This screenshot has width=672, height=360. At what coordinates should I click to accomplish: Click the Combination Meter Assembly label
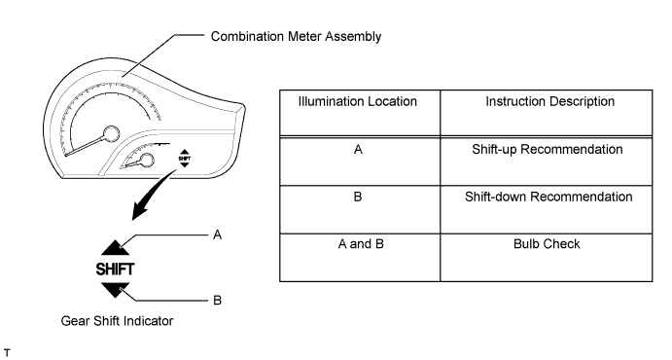(x=296, y=37)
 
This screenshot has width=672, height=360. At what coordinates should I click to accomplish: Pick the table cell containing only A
(x=360, y=151)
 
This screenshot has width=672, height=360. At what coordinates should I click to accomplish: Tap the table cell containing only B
(x=360, y=197)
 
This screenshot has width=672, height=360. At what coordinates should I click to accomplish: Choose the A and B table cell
(x=360, y=243)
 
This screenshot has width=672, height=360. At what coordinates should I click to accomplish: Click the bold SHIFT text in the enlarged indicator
(x=115, y=268)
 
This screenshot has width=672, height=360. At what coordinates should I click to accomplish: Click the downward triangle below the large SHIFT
(x=115, y=288)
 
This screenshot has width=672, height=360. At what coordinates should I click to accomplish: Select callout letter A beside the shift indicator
(x=218, y=235)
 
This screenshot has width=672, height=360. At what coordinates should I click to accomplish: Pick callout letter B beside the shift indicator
(x=218, y=301)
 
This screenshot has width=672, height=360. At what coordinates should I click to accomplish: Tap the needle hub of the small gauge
(x=148, y=161)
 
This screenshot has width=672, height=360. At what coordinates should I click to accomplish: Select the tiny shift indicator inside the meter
(x=184, y=158)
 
